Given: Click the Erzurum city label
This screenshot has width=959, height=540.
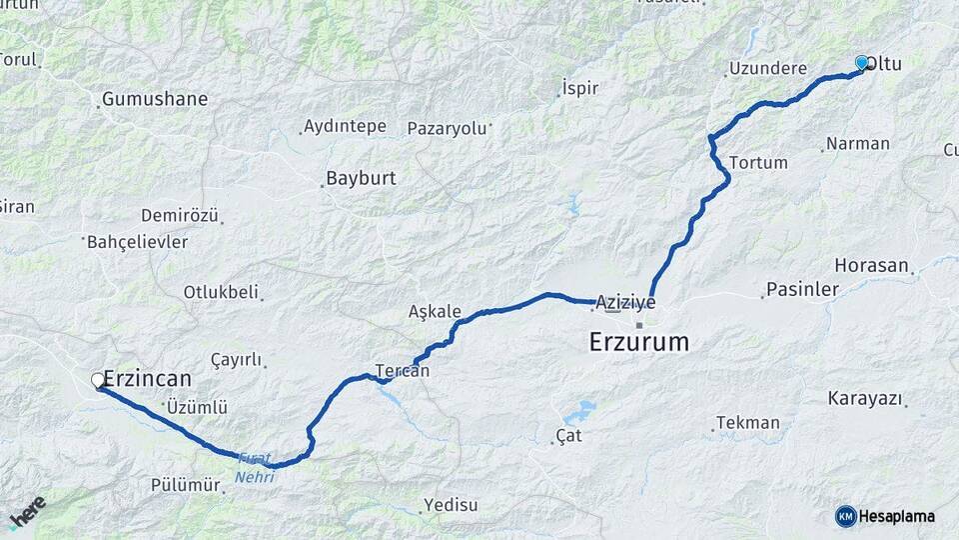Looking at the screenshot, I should [639, 342].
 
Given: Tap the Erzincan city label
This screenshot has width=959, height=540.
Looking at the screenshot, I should [147, 379].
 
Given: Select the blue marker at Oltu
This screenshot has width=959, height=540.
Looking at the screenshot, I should [862, 63].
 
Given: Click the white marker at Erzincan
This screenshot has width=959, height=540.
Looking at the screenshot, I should [99, 380].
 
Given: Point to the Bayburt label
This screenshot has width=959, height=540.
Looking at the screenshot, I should [362, 179].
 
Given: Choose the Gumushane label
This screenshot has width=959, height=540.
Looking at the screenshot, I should [155, 99].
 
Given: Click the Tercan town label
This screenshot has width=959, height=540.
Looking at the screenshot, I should [403, 370].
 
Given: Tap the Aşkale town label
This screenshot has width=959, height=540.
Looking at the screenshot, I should [435, 311].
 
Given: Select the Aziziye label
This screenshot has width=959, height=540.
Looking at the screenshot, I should [625, 301].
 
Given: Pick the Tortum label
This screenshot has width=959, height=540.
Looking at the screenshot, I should [758, 162].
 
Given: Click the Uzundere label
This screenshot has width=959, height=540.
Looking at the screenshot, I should [767, 69].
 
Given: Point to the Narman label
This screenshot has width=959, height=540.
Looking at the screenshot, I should [858, 143].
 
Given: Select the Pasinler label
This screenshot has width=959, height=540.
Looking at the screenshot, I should [802, 290].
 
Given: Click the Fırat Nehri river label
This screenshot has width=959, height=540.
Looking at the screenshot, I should [254, 468].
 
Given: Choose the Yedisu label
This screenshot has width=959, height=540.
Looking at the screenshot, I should [452, 504].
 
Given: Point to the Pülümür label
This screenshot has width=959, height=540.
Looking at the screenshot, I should [185, 485].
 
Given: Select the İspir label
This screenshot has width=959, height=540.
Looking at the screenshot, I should [580, 88].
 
